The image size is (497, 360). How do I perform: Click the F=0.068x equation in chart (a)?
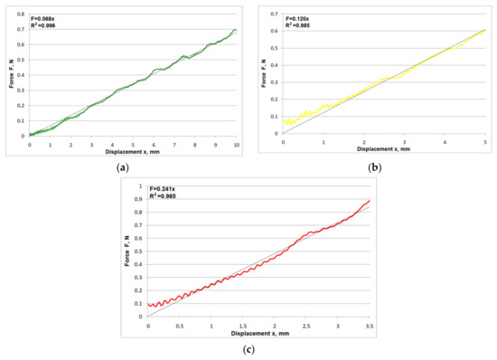pyautogui.click(x=45, y=15)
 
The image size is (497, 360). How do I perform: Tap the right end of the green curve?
pyautogui.click(x=236, y=31)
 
